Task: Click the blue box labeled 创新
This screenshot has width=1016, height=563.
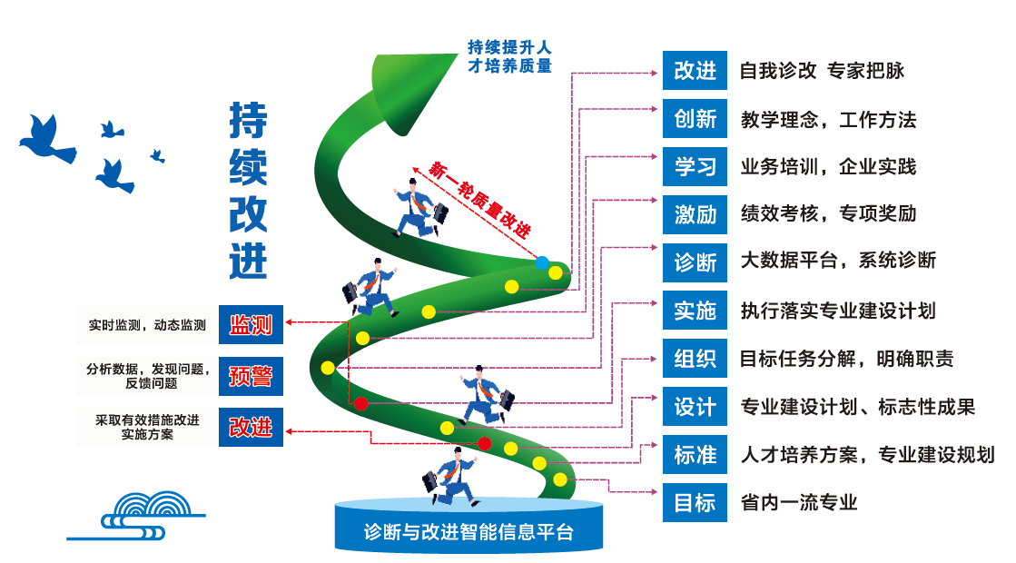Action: coord(695,119)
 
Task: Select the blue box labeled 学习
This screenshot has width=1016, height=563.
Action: coord(695,167)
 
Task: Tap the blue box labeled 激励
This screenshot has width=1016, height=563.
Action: coord(695,214)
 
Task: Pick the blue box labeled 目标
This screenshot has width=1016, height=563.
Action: coord(695,502)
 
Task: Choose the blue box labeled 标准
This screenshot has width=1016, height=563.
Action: coord(695,454)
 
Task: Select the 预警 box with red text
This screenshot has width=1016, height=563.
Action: coord(251,376)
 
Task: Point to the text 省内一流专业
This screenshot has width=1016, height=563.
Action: coord(799,502)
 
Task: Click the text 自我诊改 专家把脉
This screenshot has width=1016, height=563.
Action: coord(822,71)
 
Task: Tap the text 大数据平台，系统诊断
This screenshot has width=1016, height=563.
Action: coord(838,262)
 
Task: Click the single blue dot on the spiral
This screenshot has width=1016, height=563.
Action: coord(542,263)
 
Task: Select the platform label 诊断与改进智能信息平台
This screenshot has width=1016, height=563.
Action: coord(469,531)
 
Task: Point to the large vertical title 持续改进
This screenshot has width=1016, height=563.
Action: coord(248,191)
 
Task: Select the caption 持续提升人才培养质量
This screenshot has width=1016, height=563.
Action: coord(509,55)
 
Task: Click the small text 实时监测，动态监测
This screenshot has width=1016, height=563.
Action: coord(147,324)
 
